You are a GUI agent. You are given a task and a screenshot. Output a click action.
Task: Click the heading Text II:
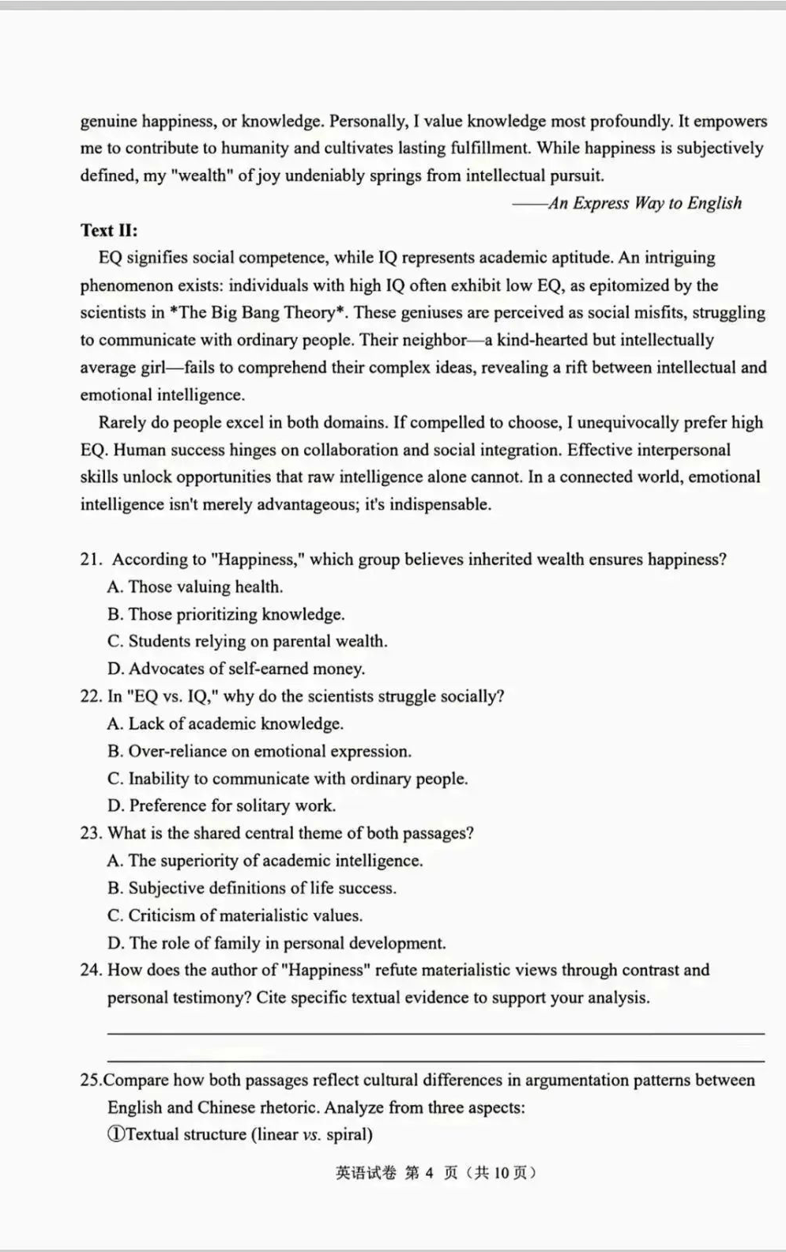point(109,230)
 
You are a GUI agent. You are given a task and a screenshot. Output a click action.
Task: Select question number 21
point(91,560)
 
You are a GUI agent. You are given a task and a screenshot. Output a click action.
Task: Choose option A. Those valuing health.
point(195,586)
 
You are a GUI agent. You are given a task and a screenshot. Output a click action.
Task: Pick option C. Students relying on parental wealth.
point(247,641)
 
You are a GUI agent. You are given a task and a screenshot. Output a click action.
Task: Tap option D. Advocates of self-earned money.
point(236,669)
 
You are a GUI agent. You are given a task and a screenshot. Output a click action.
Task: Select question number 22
point(91,696)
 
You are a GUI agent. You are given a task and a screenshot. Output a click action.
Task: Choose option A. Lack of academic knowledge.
point(225,723)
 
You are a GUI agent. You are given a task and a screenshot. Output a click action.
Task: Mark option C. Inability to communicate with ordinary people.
point(288,779)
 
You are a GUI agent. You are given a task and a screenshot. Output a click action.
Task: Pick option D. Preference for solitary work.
point(222,805)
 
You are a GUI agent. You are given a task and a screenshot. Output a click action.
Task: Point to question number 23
point(91,833)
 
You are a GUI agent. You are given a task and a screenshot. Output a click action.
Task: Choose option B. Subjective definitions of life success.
point(252,888)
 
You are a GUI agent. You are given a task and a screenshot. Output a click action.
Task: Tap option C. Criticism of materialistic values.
point(235,915)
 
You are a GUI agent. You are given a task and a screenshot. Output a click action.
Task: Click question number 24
point(91,970)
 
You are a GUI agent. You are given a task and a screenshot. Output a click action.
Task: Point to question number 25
point(91,1080)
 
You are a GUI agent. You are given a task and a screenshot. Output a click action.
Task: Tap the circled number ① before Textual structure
point(115,1134)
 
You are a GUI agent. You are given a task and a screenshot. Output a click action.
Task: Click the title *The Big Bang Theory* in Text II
point(258,312)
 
